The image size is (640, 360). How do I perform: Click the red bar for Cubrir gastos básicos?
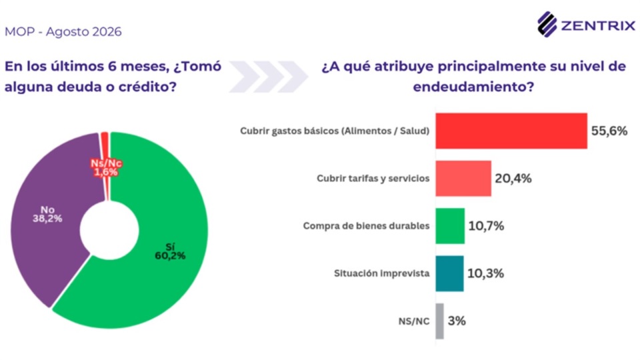[x=511, y=131]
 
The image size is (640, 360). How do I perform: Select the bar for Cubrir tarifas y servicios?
[x=463, y=179]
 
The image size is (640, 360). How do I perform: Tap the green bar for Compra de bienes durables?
[x=450, y=226]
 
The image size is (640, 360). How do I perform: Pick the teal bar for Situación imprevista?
[x=449, y=273]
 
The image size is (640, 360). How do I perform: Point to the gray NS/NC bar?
[x=439, y=321]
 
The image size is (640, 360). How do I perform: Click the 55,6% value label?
[x=609, y=131]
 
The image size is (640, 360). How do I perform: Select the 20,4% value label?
[x=513, y=179]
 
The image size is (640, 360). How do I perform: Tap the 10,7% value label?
[x=486, y=226]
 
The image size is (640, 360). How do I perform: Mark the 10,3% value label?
[x=485, y=273]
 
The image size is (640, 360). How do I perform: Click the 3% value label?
[x=457, y=321]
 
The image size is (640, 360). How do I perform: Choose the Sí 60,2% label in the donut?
[x=170, y=251]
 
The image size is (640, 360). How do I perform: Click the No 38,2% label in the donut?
[x=47, y=214]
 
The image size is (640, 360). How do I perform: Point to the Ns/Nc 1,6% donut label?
[x=106, y=168]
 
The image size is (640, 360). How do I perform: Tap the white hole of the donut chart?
[x=109, y=230]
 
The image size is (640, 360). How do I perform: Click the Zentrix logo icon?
[x=547, y=25]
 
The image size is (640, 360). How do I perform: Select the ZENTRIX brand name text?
[x=598, y=26]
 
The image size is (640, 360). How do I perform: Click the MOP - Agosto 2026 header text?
[x=63, y=31]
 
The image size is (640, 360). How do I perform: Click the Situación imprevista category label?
[x=381, y=273]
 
